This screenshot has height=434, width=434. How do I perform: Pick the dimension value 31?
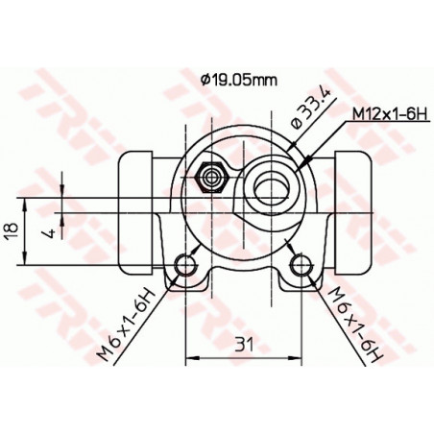pos(244,343)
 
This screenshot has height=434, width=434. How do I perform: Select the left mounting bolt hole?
pos(185,265)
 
